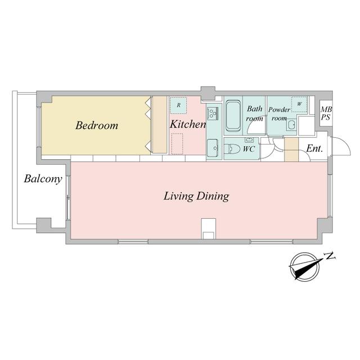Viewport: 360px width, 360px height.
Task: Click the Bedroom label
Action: [x=97, y=125]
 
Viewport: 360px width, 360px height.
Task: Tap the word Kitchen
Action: [x=187, y=124]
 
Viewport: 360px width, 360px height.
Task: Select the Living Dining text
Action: [x=196, y=196]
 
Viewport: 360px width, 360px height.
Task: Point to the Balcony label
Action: [x=43, y=179]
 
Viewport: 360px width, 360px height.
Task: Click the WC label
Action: [x=249, y=149]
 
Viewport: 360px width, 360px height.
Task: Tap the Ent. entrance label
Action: [x=314, y=148]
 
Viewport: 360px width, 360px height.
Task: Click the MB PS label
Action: [x=326, y=114]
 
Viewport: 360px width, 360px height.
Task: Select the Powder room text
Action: [x=279, y=114]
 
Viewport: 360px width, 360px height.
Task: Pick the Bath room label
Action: [x=254, y=114]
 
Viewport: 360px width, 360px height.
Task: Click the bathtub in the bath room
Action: [x=233, y=116]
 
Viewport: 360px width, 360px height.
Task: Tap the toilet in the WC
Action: [x=232, y=149]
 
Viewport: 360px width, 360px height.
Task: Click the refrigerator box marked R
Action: [x=178, y=105]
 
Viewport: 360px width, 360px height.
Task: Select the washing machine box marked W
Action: [x=299, y=104]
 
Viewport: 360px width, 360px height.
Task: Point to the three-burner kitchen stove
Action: [x=213, y=113]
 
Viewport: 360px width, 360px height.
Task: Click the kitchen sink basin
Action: [x=213, y=148]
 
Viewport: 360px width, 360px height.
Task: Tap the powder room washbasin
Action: [x=291, y=125]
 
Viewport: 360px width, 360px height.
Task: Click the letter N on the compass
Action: [x=330, y=256]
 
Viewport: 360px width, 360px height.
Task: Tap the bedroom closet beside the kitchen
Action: [x=160, y=125]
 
